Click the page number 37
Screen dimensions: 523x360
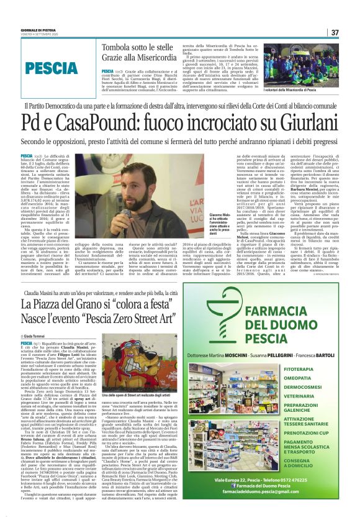tap(335, 33)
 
